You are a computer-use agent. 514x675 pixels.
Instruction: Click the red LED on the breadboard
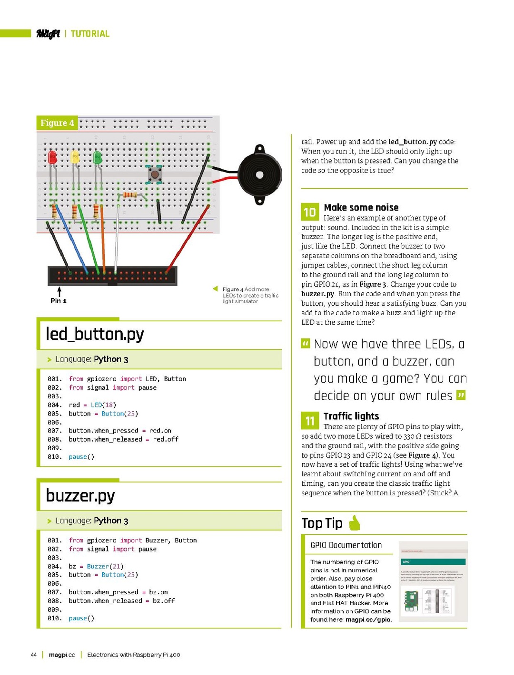pyautogui.click(x=53, y=157)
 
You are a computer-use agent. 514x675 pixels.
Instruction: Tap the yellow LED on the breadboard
pyautogui.click(x=75, y=157)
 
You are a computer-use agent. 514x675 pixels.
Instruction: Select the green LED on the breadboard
pyautogui.click(x=98, y=157)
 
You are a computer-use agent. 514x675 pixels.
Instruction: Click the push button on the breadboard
pyautogui.click(x=155, y=174)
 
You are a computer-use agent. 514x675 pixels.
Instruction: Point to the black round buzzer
pyautogui.click(x=259, y=175)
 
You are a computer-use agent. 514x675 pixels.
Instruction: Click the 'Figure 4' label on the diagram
pyautogui.click(x=57, y=123)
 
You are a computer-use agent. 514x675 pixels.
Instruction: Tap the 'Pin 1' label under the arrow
pyautogui.click(x=59, y=301)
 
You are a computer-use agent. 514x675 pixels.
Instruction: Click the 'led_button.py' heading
pyautogui.click(x=95, y=334)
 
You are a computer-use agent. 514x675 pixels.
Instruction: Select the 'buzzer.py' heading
pyautogui.click(x=80, y=496)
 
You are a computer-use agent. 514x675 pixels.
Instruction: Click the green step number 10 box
pyautogui.click(x=310, y=212)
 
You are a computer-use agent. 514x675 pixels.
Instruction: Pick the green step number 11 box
pyautogui.click(x=310, y=421)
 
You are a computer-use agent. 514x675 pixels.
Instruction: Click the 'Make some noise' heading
pyautogui.click(x=361, y=208)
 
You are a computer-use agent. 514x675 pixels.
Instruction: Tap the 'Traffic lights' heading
pyautogui.click(x=351, y=416)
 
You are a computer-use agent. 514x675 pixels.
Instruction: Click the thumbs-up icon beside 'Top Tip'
pyautogui.click(x=355, y=523)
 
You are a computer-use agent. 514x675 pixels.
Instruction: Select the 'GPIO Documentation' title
pyautogui.click(x=346, y=545)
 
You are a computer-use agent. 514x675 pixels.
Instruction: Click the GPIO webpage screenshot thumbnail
pyautogui.click(x=433, y=581)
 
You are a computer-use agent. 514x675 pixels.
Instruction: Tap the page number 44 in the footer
pyautogui.click(x=34, y=655)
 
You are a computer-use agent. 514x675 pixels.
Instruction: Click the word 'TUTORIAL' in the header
pyautogui.click(x=90, y=34)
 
